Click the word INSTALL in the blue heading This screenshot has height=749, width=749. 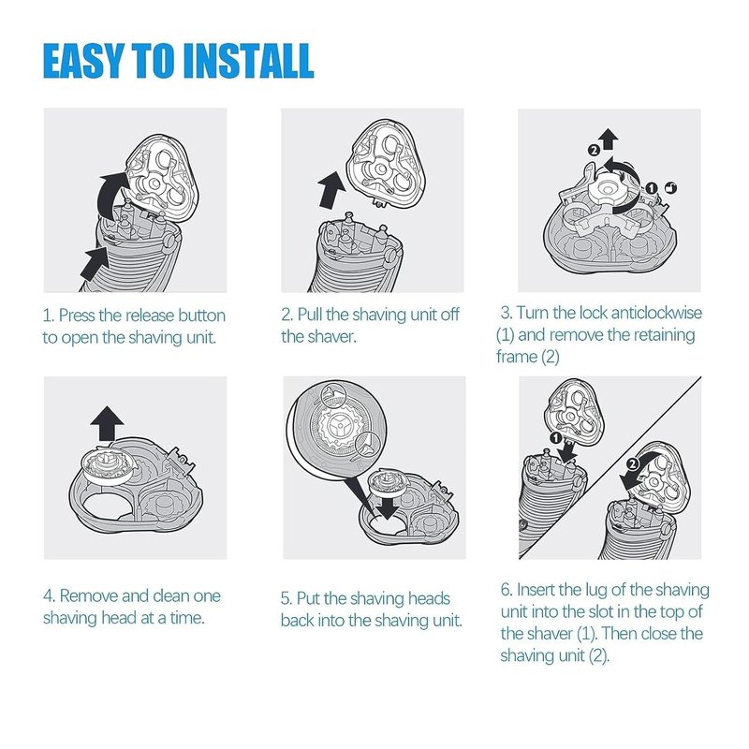(248, 61)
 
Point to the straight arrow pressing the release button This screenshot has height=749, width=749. (96, 264)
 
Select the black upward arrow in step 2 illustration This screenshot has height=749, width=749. (330, 190)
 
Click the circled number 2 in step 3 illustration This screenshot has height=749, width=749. (594, 151)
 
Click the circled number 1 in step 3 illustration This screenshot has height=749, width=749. (652, 188)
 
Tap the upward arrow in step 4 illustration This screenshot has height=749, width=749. (107, 424)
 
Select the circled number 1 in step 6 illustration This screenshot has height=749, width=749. (555, 438)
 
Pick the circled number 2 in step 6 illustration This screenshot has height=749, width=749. (632, 463)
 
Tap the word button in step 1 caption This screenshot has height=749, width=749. (201, 316)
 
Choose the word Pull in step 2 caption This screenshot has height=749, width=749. (310, 315)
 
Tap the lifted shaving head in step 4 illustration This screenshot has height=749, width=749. (107, 466)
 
